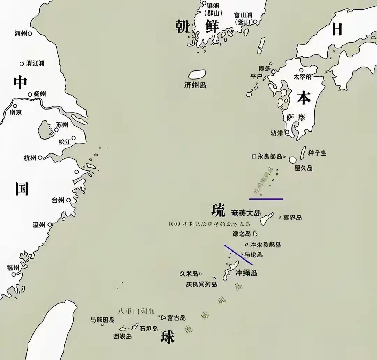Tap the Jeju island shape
(x=197, y=74)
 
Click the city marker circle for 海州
(x=30, y=33)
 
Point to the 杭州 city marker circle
(x=40, y=158)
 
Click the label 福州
(x=13, y=268)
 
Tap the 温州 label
(x=39, y=225)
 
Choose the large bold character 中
(x=20, y=82)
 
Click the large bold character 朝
(x=183, y=27)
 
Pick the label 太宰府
(x=302, y=76)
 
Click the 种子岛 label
(x=317, y=153)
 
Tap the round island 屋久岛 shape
(x=293, y=160)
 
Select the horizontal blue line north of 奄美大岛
(x=266, y=199)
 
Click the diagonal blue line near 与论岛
(x=238, y=255)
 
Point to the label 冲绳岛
(x=246, y=273)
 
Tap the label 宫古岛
(x=176, y=318)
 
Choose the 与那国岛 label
(x=103, y=320)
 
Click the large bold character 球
(x=168, y=337)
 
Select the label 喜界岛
(x=293, y=218)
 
